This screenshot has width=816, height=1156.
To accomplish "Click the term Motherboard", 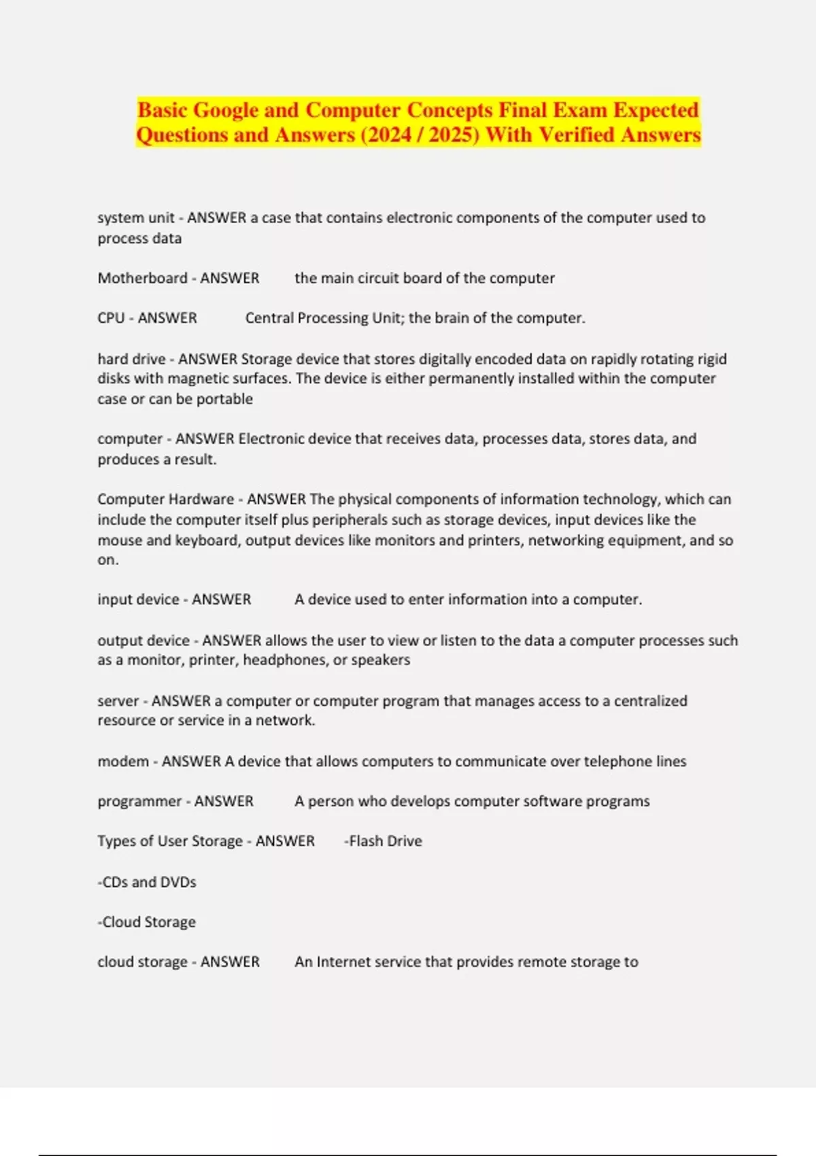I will pos(142,278).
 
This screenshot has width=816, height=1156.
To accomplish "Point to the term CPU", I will pos(111,318).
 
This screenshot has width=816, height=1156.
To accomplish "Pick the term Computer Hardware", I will pos(165,499).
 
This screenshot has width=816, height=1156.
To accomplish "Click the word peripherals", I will pos(329,520).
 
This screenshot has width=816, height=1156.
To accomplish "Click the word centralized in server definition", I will pos(650,701).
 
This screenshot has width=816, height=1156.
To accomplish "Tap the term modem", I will pos(123,762).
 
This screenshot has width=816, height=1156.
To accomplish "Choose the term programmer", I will pos(139,802).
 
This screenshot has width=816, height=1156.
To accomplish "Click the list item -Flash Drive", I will pos(383,841).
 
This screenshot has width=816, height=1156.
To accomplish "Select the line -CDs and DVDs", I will pos(147,882).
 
